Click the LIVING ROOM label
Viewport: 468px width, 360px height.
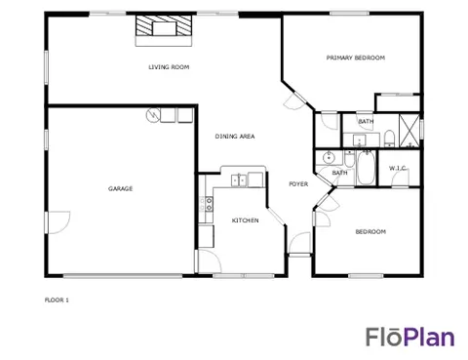(169, 67)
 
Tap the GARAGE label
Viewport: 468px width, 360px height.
(120, 188)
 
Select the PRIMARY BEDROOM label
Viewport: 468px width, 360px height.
(356, 58)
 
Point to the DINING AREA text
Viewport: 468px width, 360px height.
(235, 137)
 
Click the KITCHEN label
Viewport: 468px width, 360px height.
(245, 220)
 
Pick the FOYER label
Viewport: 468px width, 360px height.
(298, 184)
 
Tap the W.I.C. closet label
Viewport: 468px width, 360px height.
(397, 168)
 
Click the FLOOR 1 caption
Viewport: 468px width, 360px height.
(57, 300)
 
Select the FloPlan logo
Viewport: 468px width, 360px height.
(410, 337)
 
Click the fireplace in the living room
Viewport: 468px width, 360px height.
(164, 30)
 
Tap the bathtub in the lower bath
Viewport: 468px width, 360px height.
(366, 169)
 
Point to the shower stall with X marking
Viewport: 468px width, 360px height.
(409, 131)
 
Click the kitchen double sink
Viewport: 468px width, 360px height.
(239, 180)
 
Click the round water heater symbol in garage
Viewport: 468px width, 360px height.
(153, 115)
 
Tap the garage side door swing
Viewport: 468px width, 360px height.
(58, 222)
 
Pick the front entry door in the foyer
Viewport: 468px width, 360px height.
(299, 243)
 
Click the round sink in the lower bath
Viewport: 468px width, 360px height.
(329, 158)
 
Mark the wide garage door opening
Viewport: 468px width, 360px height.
(123, 276)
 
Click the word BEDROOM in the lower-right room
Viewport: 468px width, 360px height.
(370, 232)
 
